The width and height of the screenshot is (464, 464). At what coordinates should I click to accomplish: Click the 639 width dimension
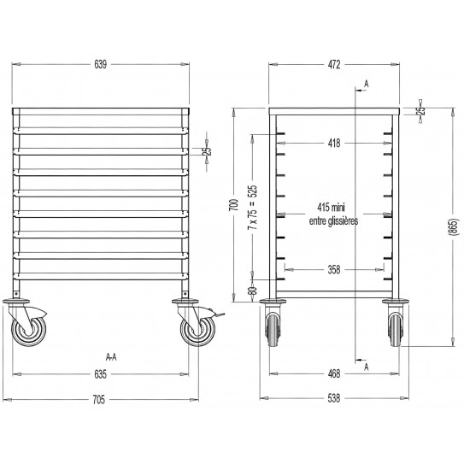point(101,63)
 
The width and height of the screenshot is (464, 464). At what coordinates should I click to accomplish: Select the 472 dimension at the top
point(334,63)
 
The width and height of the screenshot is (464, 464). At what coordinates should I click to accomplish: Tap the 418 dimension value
point(334,143)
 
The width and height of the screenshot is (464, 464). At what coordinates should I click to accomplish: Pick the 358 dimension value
point(334,270)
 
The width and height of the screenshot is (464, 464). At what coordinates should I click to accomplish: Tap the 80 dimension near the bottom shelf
point(252,291)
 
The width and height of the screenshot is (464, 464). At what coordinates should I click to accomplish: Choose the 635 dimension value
point(101,373)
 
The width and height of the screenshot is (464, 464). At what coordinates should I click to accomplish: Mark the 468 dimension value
point(334,373)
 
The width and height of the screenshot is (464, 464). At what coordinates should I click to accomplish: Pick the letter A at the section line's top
point(365,82)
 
